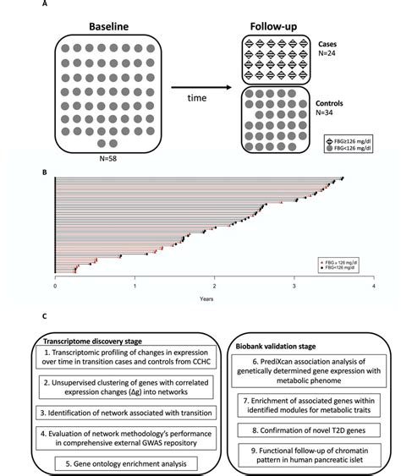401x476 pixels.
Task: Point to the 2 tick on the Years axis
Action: [215, 286]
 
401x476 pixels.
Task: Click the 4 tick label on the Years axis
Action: [373, 286]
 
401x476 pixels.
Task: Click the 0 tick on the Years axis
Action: [55, 286]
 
